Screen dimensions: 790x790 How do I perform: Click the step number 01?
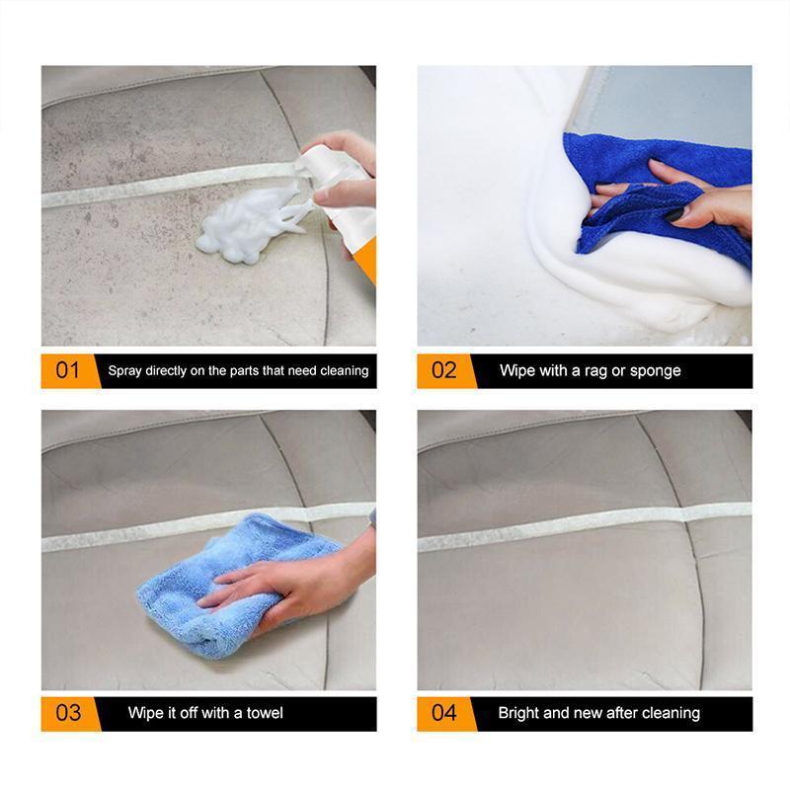tap(67, 371)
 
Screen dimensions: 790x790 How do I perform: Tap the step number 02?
tap(444, 371)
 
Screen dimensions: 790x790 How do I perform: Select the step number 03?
tap(67, 713)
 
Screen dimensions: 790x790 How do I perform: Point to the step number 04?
tap(444, 713)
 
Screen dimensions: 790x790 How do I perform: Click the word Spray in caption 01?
tap(124, 371)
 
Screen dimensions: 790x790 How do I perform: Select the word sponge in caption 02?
tap(656, 371)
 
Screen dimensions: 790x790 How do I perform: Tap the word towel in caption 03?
tap(264, 713)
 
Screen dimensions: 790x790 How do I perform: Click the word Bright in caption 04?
tap(519, 713)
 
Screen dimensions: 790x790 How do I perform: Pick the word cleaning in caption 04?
tap(671, 713)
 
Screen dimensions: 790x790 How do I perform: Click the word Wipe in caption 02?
tap(518, 371)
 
